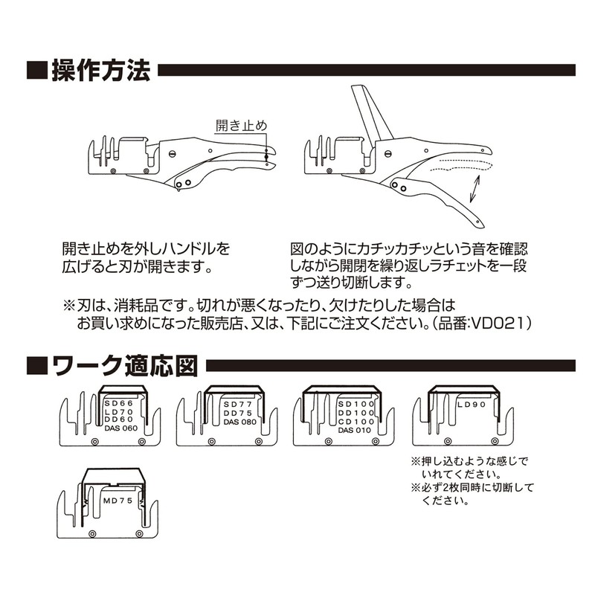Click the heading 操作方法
pos(101,70)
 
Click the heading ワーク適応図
pos(125,366)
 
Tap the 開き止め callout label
pos(241,125)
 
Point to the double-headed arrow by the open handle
pos(475,189)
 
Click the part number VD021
pos(498,324)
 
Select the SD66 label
pos(119,404)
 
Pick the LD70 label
pos(119,412)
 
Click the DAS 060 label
pos(121,428)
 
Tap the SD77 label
pos(237,405)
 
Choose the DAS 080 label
pos(239,422)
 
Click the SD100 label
pos(356,405)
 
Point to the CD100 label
pos(356,422)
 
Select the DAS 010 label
pos(355,431)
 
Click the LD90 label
pos(472,405)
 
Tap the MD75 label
pos(118,501)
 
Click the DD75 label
pos(237,414)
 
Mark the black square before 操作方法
pos(36,70)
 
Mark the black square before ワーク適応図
pos(36,366)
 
